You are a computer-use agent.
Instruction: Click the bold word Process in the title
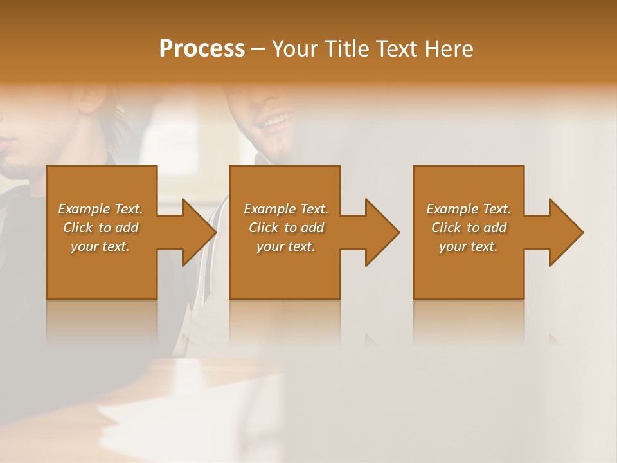pos(202,49)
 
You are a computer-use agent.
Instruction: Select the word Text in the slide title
pos(397,49)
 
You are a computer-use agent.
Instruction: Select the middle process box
pos(285,270)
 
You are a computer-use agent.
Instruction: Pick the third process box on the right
pos(469,270)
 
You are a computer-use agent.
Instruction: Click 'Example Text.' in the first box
pos(100,209)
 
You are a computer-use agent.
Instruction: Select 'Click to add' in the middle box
pos(286,228)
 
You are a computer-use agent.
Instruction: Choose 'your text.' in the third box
pos(469,246)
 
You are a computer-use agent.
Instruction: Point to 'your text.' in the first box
pos(100,246)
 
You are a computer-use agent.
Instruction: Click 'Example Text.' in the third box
pos(469,209)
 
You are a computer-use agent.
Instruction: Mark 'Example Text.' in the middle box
pos(286,209)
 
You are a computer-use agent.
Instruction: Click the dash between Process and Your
pos(258,50)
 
